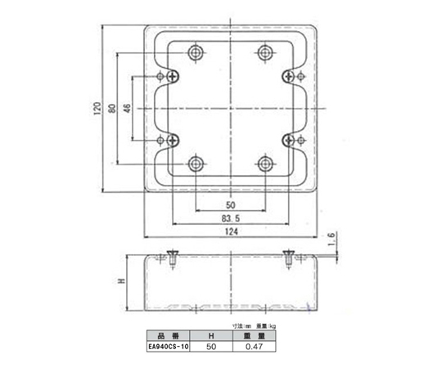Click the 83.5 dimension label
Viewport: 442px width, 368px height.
click(x=229, y=219)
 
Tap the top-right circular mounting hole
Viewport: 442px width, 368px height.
click(x=264, y=53)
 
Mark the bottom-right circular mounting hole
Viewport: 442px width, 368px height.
click(x=264, y=163)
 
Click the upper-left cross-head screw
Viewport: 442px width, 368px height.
click(x=174, y=76)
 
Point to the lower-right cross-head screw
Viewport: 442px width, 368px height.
click(x=287, y=140)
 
